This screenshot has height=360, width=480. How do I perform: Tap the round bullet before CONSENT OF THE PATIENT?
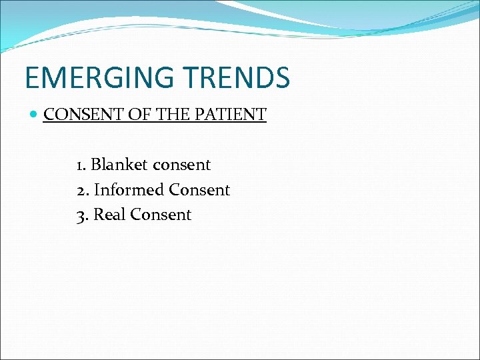click(34, 115)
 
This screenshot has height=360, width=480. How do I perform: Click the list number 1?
click(79, 165)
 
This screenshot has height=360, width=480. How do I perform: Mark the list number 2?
click(81, 190)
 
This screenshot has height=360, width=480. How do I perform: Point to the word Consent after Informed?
click(199, 189)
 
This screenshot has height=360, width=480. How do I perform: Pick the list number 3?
click(81, 215)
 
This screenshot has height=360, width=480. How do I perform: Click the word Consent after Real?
click(160, 215)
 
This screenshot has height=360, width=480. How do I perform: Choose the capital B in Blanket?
click(95, 164)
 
